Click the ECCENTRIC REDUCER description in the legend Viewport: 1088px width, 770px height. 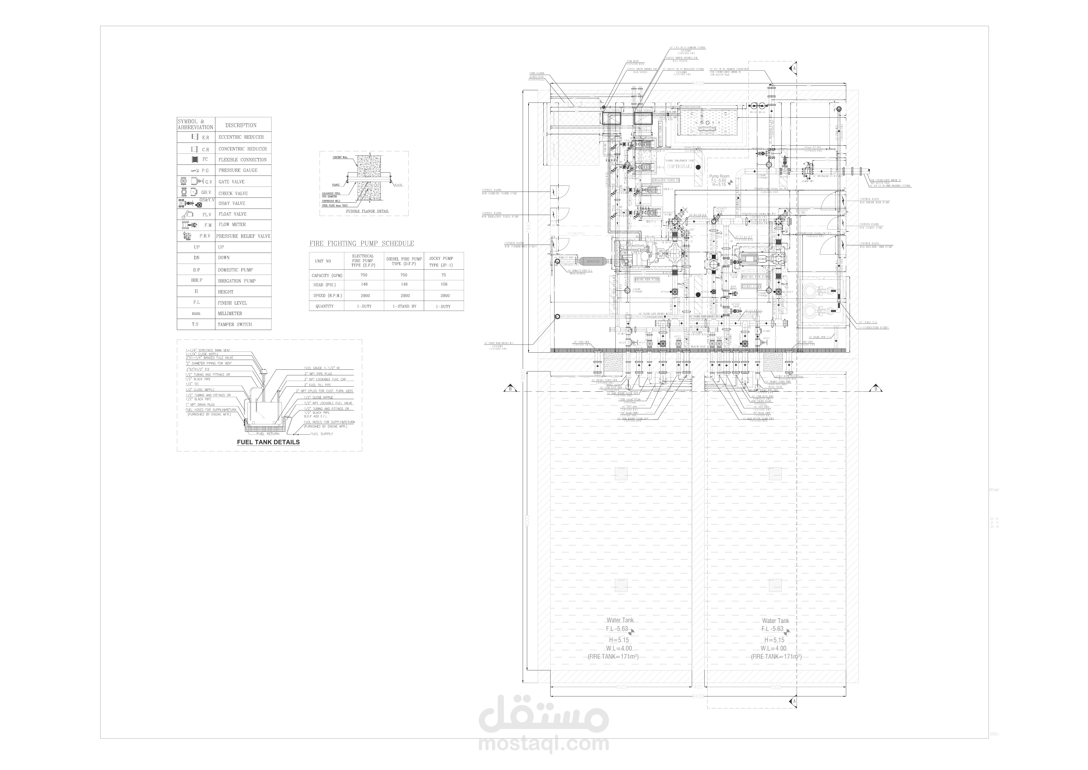point(241,137)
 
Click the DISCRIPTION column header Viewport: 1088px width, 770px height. point(241,125)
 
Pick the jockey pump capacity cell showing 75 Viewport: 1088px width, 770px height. point(444,275)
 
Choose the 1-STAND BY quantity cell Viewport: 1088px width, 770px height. point(404,306)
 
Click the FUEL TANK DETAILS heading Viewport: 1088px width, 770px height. point(268,442)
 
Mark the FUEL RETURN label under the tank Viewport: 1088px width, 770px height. point(268,434)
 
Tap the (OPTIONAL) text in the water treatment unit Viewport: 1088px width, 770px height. point(680,167)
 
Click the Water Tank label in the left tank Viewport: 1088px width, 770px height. point(620,620)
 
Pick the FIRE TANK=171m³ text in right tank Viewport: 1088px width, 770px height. point(776,657)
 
